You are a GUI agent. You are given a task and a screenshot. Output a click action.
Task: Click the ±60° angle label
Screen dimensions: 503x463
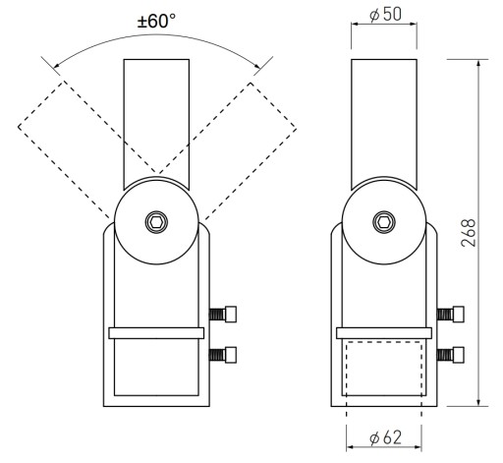(156, 22)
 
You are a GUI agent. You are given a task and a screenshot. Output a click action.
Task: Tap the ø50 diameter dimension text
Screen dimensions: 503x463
(385, 15)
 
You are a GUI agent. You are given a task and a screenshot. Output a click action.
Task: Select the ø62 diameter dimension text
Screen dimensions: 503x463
(385, 437)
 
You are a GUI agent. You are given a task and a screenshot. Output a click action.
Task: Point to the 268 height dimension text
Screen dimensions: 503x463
(468, 233)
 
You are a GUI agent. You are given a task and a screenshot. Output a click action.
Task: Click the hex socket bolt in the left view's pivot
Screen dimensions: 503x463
(156, 222)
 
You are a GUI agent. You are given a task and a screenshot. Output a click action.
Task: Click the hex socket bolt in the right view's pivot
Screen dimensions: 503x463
(384, 222)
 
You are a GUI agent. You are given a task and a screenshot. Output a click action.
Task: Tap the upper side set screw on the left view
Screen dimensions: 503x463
(223, 315)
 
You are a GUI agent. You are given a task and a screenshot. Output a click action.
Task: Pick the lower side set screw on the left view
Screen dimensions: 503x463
(223, 355)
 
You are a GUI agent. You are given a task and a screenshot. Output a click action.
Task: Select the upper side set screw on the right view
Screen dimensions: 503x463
(450, 315)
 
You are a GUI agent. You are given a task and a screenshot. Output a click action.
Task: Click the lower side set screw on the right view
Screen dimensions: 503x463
(450, 355)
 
